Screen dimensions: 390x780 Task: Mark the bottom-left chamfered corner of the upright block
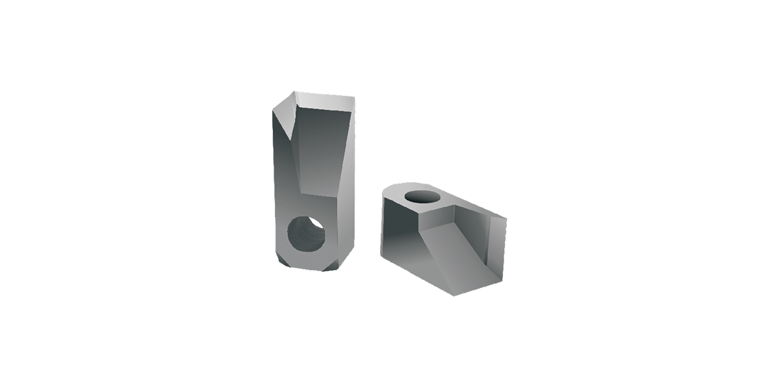tap(282, 261)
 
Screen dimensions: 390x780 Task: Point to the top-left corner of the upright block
tap(274, 106)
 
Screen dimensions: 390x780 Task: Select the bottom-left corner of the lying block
tap(383, 255)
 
